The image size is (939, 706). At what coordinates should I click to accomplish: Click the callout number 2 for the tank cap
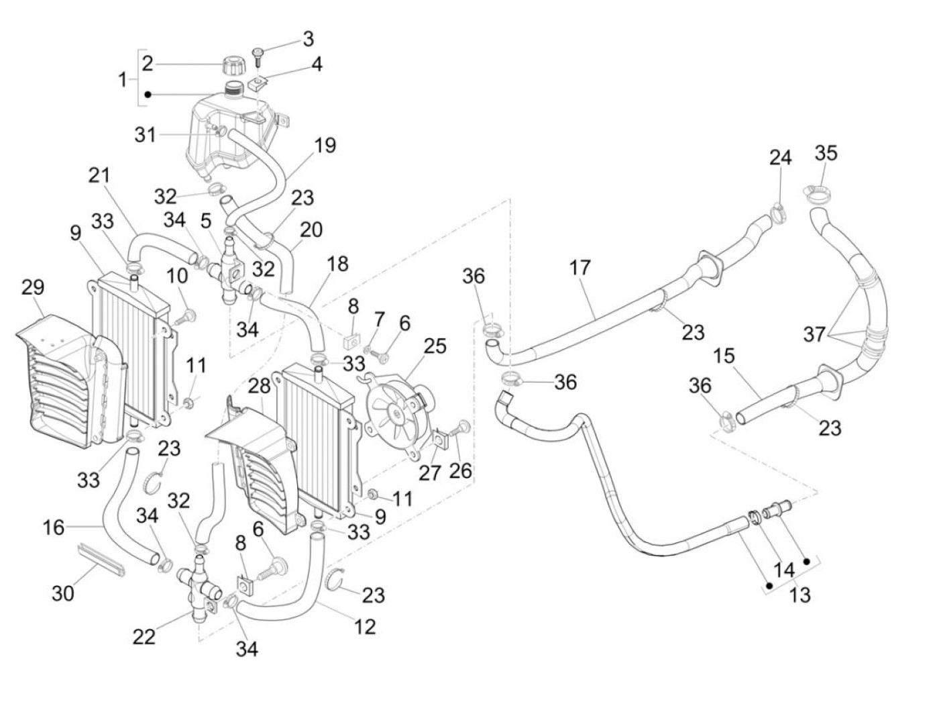pyautogui.click(x=148, y=64)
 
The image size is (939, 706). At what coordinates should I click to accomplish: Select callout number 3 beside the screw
pyautogui.click(x=307, y=38)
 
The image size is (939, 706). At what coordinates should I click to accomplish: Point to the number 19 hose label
pyautogui.click(x=325, y=145)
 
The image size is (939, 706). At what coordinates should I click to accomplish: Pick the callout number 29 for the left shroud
pyautogui.click(x=32, y=288)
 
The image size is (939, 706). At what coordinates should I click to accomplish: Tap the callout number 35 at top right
pyautogui.click(x=826, y=153)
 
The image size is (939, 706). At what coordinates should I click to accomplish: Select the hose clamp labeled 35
pyautogui.click(x=815, y=195)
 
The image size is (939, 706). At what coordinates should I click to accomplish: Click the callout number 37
pyautogui.click(x=814, y=334)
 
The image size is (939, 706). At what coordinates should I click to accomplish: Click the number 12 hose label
pyautogui.click(x=365, y=626)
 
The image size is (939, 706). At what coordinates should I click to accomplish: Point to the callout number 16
pyautogui.click(x=54, y=527)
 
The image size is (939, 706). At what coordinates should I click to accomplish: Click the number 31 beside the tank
pyautogui.click(x=144, y=135)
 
